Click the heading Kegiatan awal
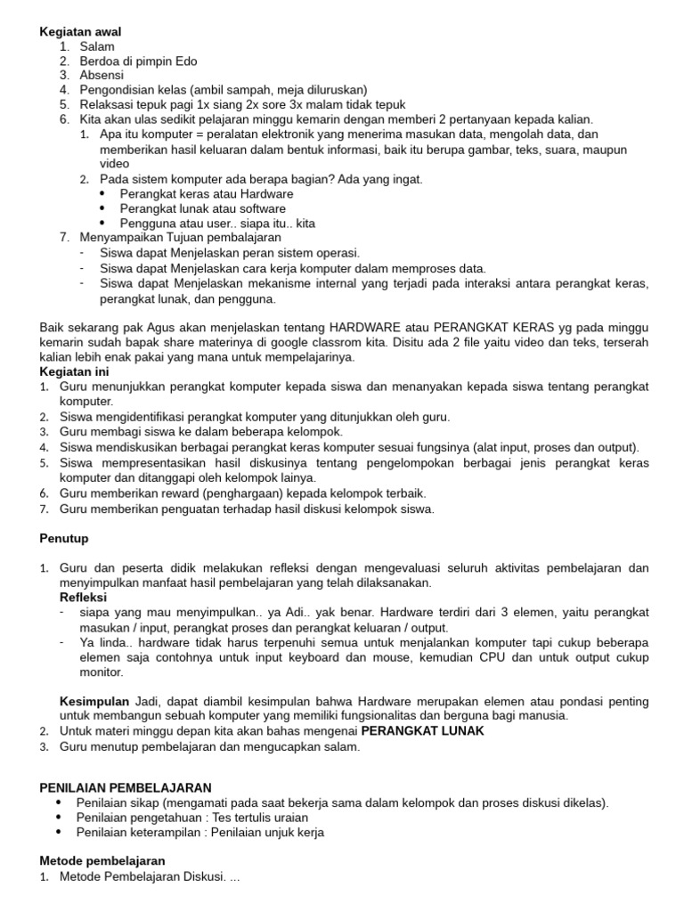pos(80,31)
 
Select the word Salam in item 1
pos(97,46)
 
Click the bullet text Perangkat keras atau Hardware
pos(206,193)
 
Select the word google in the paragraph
pos(273,343)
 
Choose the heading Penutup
pos(64,539)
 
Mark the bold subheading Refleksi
pos(83,598)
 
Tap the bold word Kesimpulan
pos(95,702)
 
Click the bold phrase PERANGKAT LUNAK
pos(422,730)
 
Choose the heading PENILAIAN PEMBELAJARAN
pos(126,787)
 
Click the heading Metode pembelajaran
pos(102,861)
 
